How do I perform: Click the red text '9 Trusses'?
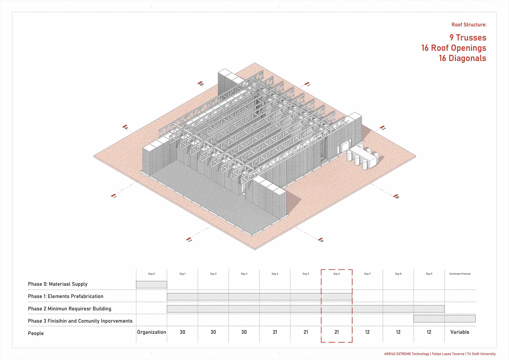468,38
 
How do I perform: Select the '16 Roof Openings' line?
454,48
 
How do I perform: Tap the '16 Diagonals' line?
462,58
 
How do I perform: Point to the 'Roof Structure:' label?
469,25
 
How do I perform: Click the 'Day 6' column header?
336,274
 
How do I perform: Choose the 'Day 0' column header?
151,274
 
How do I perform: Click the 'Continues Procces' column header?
460,274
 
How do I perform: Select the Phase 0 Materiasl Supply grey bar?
151,285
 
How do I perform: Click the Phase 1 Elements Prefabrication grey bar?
259,297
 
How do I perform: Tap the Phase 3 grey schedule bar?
444,319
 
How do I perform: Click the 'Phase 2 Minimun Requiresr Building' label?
69,309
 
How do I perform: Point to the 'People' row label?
36,333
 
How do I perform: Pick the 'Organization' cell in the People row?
151,332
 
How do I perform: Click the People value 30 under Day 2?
213,332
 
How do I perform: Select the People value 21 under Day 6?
336,332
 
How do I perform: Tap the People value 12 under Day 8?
398,332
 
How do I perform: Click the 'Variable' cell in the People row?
460,332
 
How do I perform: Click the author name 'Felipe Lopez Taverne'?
448,354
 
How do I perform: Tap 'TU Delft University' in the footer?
481,354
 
